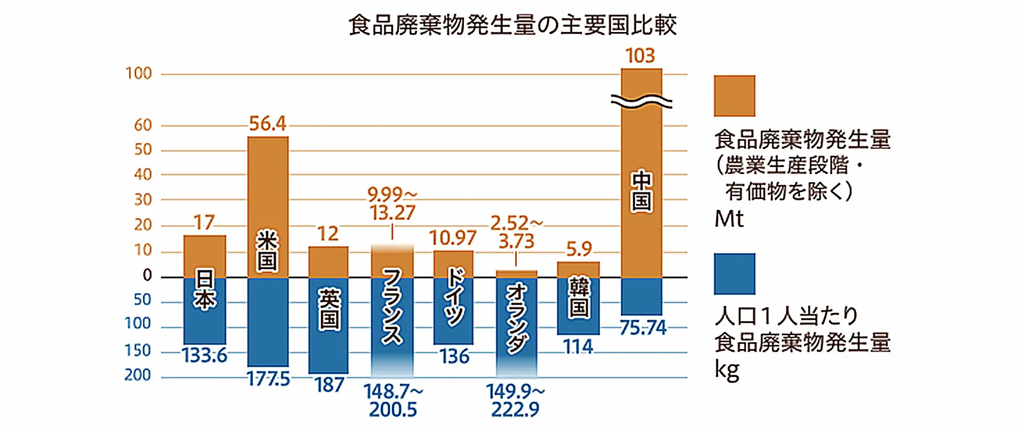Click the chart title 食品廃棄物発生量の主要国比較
click(x=512, y=25)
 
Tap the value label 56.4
click(x=267, y=124)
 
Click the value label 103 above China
click(x=640, y=56)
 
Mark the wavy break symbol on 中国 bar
click(x=641, y=101)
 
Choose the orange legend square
click(x=734, y=96)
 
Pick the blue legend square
click(x=734, y=274)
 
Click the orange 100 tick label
click(x=139, y=74)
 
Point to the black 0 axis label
click(x=147, y=275)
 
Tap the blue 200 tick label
click(x=138, y=375)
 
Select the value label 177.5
click(x=269, y=379)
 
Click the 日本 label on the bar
click(x=204, y=290)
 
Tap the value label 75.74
click(x=643, y=328)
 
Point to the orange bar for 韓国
click(x=578, y=270)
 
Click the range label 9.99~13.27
click(x=392, y=203)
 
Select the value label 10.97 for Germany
click(x=453, y=238)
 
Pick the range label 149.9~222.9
click(x=516, y=400)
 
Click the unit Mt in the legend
click(x=729, y=219)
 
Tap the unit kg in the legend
click(x=727, y=370)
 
